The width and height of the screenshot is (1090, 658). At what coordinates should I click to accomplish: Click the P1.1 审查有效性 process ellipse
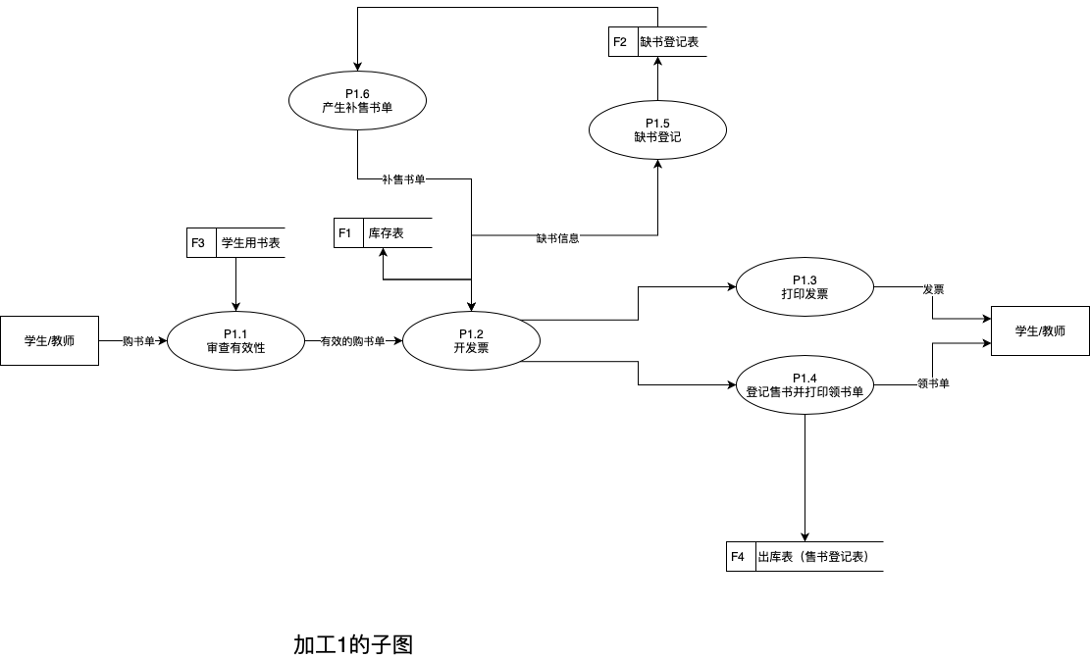(235, 340)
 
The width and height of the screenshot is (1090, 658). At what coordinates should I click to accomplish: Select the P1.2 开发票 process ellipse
(471, 340)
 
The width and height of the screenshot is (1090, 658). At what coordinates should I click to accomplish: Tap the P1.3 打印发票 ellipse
(805, 287)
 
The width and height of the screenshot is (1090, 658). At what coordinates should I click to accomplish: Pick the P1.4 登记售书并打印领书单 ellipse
(805, 384)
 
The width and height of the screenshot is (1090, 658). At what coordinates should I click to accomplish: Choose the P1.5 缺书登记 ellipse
(657, 130)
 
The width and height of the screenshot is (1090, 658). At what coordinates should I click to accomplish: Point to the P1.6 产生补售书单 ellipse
(357, 101)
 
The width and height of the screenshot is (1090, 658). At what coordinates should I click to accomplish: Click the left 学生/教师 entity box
(49, 340)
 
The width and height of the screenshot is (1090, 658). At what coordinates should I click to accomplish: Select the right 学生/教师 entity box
(1040, 331)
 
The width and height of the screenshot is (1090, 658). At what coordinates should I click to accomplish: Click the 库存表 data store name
(396, 233)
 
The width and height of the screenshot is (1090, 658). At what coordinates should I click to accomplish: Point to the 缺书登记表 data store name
(671, 42)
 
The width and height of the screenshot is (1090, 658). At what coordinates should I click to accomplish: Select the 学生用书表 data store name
(250, 243)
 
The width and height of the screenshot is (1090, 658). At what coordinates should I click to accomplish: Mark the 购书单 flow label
(138, 342)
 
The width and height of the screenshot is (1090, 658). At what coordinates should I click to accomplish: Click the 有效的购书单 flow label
(352, 342)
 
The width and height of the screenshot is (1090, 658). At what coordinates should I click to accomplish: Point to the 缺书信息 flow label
(557, 238)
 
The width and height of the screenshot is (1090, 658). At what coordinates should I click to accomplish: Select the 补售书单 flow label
(403, 179)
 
